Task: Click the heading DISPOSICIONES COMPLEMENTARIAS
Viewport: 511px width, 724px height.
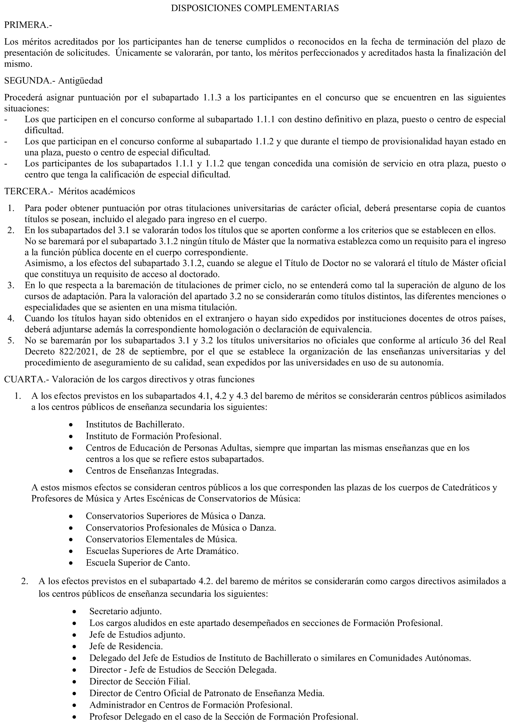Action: point(255,8)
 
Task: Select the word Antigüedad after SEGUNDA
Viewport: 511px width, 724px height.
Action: point(80,81)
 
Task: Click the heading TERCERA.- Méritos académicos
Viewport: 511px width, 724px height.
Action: point(69,191)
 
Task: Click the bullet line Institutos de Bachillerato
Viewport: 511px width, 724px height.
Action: point(135,424)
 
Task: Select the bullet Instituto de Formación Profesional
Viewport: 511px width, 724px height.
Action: point(154,436)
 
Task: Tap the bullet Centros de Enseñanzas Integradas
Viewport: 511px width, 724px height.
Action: point(152,470)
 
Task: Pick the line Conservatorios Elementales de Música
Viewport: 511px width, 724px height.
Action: point(161,539)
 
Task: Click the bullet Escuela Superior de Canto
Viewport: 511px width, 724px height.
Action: point(138,563)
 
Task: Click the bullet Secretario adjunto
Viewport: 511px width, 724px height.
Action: point(125,611)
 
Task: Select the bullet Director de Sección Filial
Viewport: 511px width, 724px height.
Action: point(140,681)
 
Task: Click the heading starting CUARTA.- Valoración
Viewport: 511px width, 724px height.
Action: point(129,379)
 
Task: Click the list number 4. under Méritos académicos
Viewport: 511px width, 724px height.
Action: point(11,318)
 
